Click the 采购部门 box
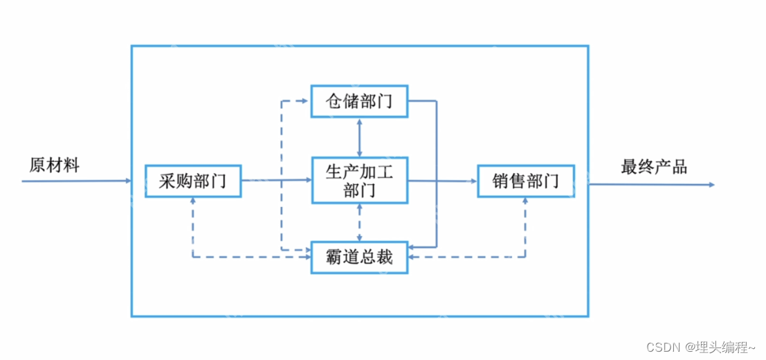pyautogui.click(x=193, y=181)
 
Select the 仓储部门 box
pyautogui.click(x=359, y=102)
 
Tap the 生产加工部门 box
pyautogui.click(x=359, y=181)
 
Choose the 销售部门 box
pyautogui.click(x=526, y=181)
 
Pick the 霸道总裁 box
pyautogui.click(x=359, y=257)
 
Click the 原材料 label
pyautogui.click(x=55, y=165)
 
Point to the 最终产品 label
pyautogui.click(x=654, y=167)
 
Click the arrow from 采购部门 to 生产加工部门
pyautogui.click(x=277, y=180)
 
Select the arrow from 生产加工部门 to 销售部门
pyautogui.click(x=443, y=181)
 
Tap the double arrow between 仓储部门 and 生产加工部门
pyautogui.click(x=359, y=137)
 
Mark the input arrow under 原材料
pyautogui.click(x=76, y=181)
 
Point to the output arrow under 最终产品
pyautogui.click(x=650, y=185)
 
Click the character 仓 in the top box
pyautogui.click(x=335, y=102)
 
